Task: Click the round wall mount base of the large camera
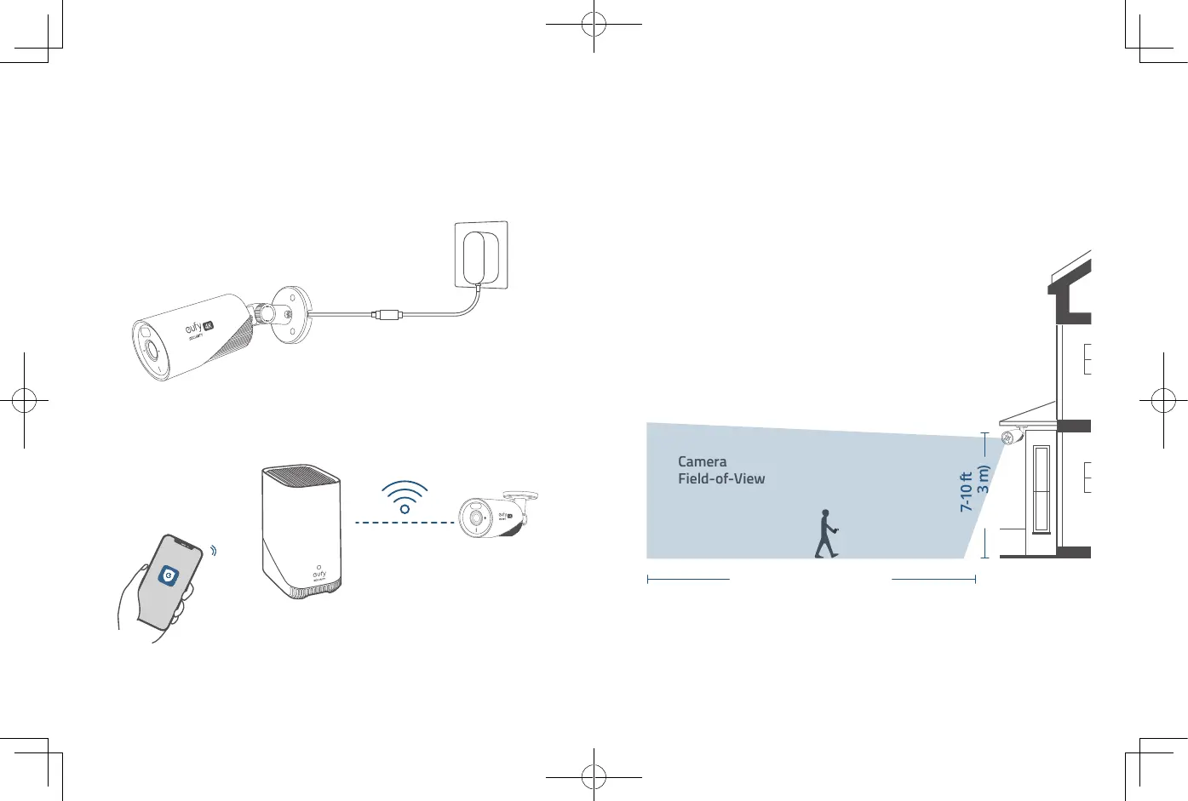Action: [x=290, y=314]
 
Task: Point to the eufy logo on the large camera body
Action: [x=194, y=328]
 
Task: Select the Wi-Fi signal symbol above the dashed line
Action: [x=405, y=496]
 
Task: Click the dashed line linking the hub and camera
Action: [x=405, y=522]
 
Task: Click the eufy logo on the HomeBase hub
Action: [x=319, y=575]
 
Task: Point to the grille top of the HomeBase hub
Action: [x=301, y=473]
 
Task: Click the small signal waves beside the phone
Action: [x=213, y=551]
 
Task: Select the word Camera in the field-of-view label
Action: [x=702, y=461]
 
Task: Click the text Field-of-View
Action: [x=721, y=478]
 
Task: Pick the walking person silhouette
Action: [x=825, y=534]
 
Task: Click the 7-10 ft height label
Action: [x=966, y=491]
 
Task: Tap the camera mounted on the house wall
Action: [x=1011, y=438]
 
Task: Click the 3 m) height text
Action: [x=984, y=479]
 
